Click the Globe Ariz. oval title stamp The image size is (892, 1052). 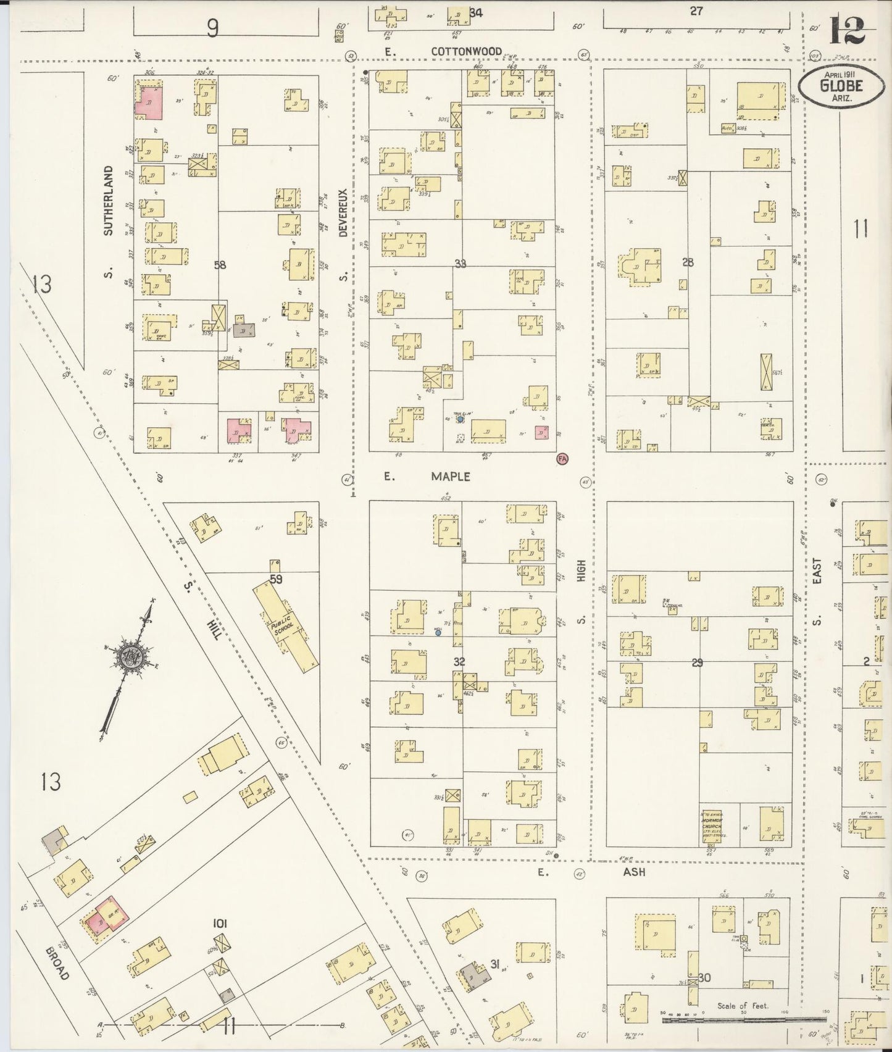click(x=840, y=86)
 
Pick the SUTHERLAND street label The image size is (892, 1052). click(x=109, y=201)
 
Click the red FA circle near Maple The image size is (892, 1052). click(x=562, y=458)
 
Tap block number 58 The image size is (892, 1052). click(x=220, y=265)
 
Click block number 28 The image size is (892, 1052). click(x=688, y=262)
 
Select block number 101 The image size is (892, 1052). click(x=220, y=924)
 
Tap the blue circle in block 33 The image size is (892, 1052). click(x=460, y=419)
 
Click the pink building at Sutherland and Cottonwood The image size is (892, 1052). click(x=149, y=102)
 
